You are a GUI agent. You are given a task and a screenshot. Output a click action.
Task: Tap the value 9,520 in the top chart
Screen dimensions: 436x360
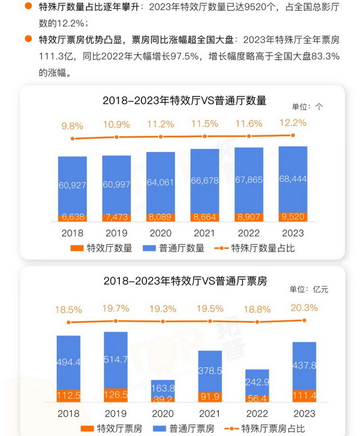pyautogui.click(x=292, y=216)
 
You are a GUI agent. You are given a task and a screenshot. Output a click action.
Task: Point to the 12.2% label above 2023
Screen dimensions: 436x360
pyautogui.click(x=292, y=123)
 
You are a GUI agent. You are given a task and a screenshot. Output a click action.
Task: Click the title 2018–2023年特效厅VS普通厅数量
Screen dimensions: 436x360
pyautogui.click(x=184, y=101)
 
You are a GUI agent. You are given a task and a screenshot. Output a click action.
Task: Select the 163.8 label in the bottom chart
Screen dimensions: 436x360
pyautogui.click(x=160, y=388)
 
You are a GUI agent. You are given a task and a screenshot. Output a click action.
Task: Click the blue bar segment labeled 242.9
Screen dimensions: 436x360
pyautogui.click(x=249, y=382)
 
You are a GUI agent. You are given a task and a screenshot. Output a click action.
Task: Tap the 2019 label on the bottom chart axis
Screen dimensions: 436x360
pyautogui.click(x=116, y=414)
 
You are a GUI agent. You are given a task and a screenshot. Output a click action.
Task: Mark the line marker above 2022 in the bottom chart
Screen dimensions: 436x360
pyautogui.click(x=249, y=322)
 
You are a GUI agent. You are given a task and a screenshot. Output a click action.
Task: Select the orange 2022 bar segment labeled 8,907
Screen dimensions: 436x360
pyautogui.click(x=249, y=217)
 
